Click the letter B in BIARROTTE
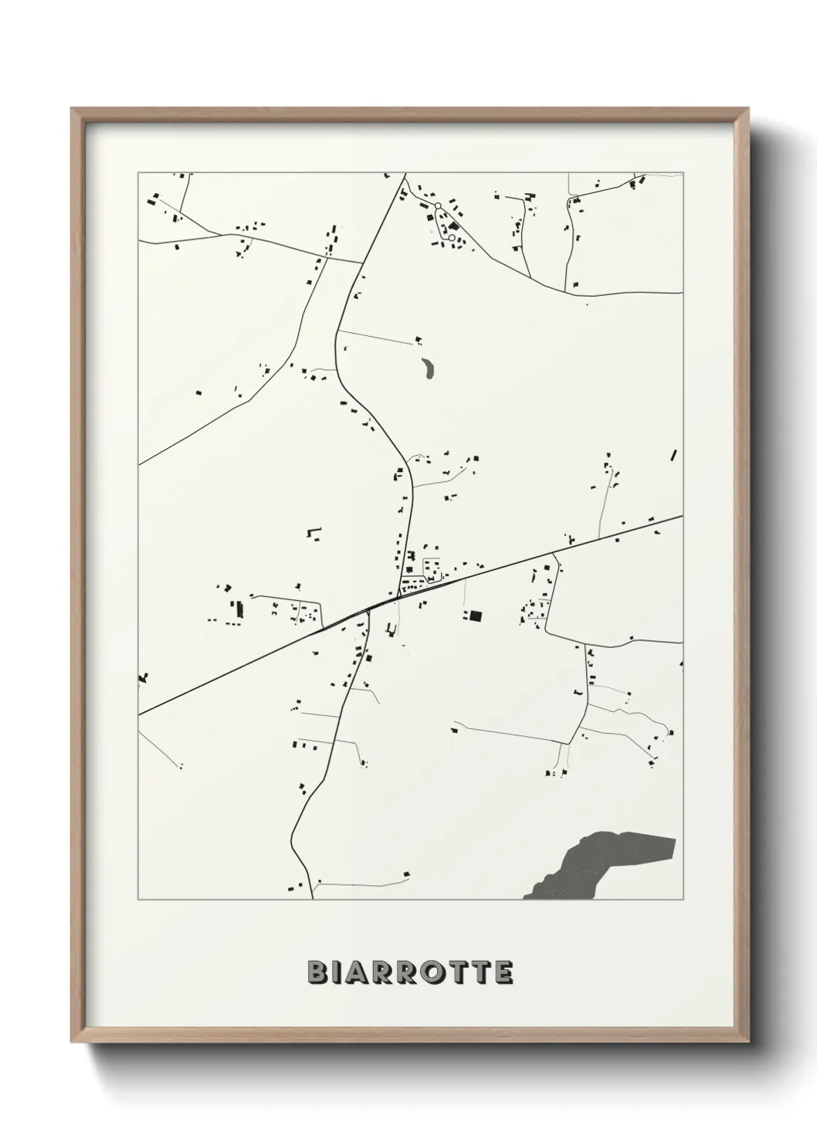pyautogui.click(x=317, y=972)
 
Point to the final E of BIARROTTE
pyautogui.click(x=503, y=972)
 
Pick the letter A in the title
pyautogui.click(x=360, y=972)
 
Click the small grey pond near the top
pyautogui.click(x=427, y=368)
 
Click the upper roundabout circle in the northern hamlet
pyautogui.click(x=438, y=205)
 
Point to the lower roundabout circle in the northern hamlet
pyautogui.click(x=452, y=237)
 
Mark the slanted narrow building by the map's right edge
pyautogui.click(x=674, y=455)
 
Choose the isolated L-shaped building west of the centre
pyautogui.click(x=314, y=532)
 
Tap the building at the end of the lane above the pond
pyautogui.click(x=419, y=339)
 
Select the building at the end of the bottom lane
pyautogui.click(x=406, y=875)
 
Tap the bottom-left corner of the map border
pyautogui.click(x=139, y=900)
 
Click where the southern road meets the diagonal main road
pyautogui.click(x=368, y=609)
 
